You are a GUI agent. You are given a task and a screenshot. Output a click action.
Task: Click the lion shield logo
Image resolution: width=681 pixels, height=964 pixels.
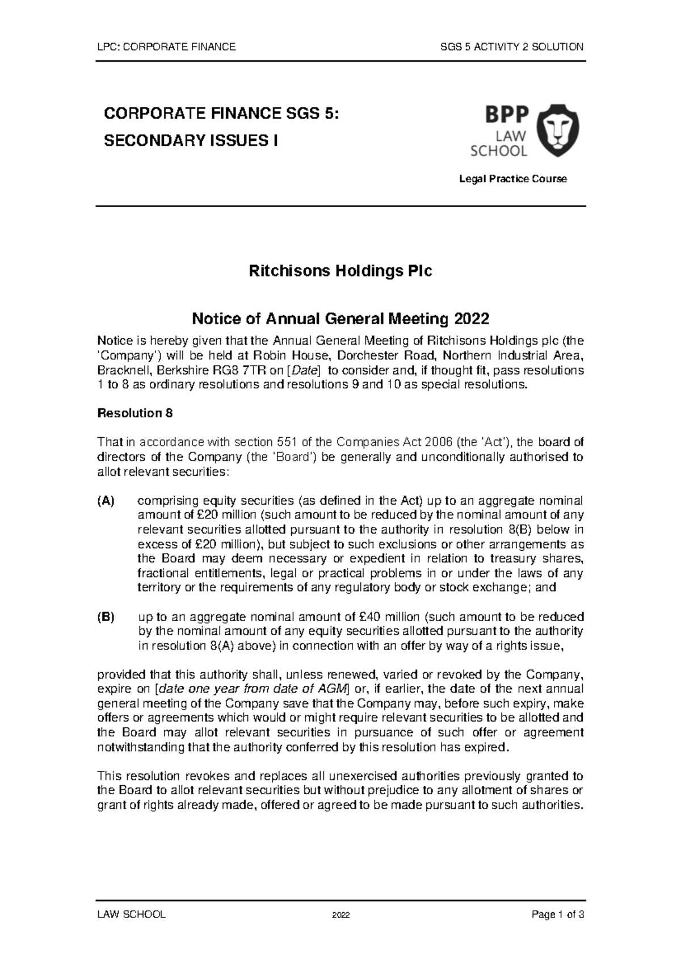(x=558, y=131)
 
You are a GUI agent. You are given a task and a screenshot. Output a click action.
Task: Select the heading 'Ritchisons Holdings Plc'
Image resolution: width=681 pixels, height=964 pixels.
(x=340, y=271)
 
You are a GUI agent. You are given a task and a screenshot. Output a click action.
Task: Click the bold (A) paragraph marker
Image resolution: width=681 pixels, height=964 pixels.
(x=106, y=501)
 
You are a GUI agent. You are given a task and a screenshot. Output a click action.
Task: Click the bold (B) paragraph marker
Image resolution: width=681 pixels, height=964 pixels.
(x=106, y=617)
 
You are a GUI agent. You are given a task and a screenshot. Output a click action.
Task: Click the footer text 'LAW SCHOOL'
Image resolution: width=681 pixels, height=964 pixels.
(x=132, y=915)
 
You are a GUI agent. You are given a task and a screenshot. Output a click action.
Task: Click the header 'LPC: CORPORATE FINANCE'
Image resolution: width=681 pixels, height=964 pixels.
(x=167, y=47)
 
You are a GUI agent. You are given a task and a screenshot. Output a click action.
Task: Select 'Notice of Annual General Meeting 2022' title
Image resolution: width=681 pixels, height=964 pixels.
(x=340, y=318)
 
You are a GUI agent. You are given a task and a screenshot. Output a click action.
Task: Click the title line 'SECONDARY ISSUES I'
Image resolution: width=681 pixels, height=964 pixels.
(x=191, y=141)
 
